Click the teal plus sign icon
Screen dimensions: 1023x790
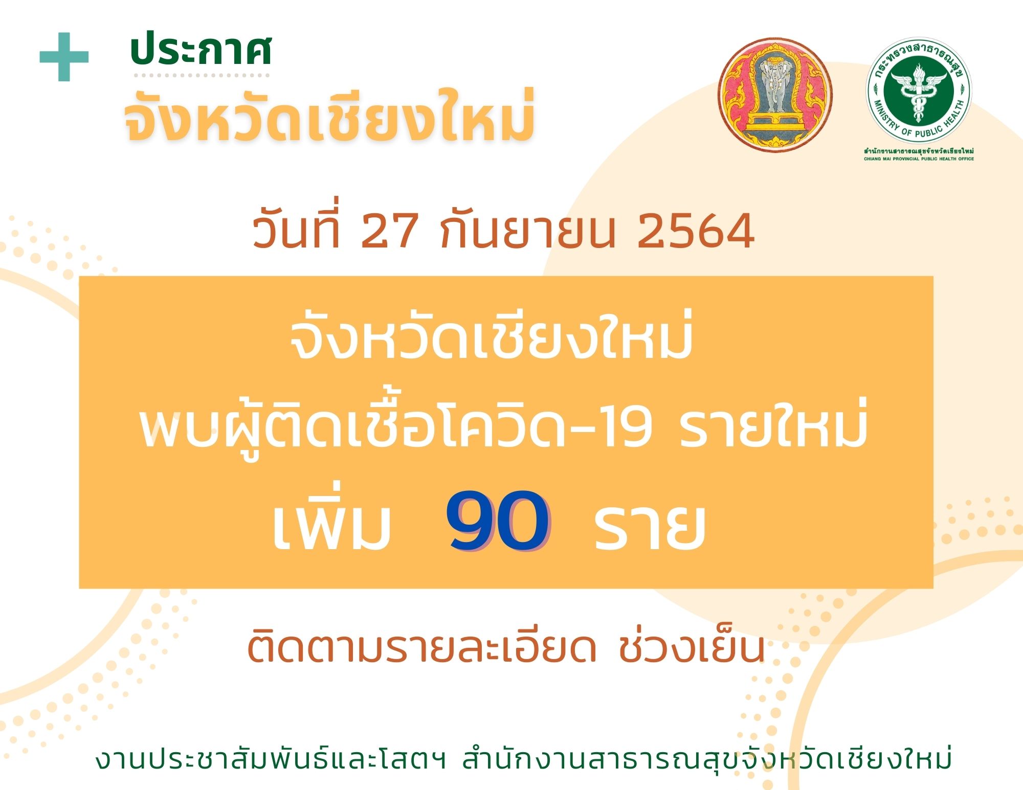point(64,57)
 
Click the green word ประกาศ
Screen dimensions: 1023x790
point(201,50)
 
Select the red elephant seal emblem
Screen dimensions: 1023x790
point(775,94)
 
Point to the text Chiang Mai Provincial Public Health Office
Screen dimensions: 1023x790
point(919,159)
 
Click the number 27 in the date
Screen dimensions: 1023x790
point(390,231)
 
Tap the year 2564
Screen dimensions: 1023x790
point(696,231)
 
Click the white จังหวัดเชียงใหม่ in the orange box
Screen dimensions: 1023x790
point(492,335)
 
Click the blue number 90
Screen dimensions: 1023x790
point(498,521)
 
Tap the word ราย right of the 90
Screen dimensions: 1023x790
point(650,526)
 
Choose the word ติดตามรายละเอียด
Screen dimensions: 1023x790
point(421,646)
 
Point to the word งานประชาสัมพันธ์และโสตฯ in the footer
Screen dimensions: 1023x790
point(271,760)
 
